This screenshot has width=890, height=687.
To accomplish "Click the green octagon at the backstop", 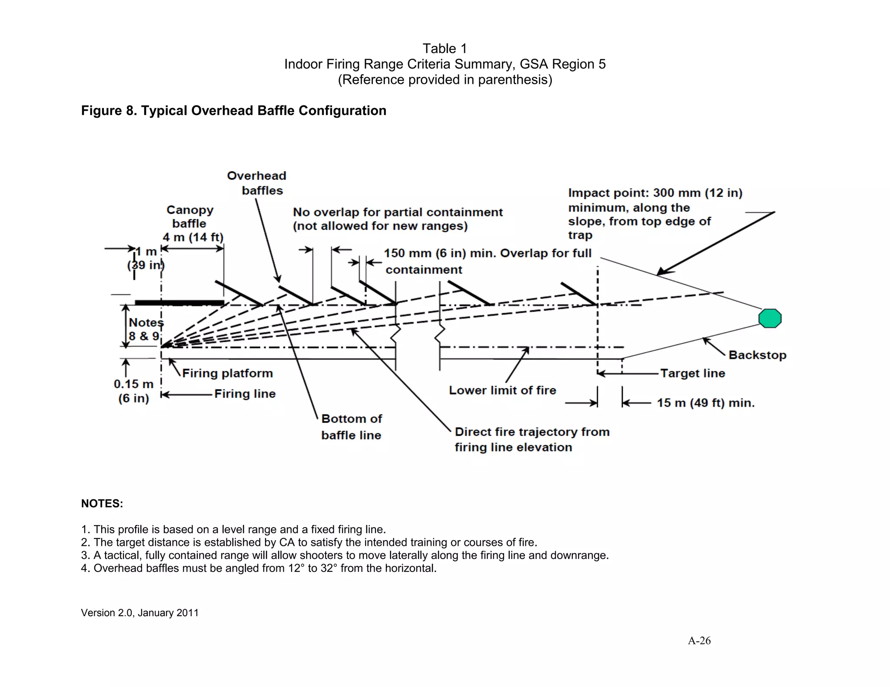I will [x=770, y=318].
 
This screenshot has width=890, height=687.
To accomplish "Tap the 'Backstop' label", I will [x=757, y=355].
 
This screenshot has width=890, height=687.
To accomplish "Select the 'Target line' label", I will [x=692, y=373].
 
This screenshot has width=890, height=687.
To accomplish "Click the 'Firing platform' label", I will [x=227, y=373].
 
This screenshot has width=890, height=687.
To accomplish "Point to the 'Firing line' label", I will [x=245, y=393].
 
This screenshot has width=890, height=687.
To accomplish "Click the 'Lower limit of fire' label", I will [x=502, y=390].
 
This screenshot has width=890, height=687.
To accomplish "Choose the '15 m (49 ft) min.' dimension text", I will [x=705, y=403].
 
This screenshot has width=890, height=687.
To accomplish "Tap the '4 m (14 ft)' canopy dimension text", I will [x=193, y=237].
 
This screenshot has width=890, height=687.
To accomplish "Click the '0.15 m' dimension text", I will [x=133, y=384].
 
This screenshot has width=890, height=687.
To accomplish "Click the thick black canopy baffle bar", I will [x=179, y=302].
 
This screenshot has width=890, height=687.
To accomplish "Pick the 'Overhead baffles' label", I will [x=257, y=183].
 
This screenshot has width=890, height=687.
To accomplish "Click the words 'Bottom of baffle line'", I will [x=351, y=426].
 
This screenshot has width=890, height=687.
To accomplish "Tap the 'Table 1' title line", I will [x=445, y=48].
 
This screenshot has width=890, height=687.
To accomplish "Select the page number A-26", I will [x=699, y=641].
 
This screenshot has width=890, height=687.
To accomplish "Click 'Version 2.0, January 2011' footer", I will [x=139, y=613].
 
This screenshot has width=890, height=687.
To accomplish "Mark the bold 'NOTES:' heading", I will [x=102, y=503].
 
